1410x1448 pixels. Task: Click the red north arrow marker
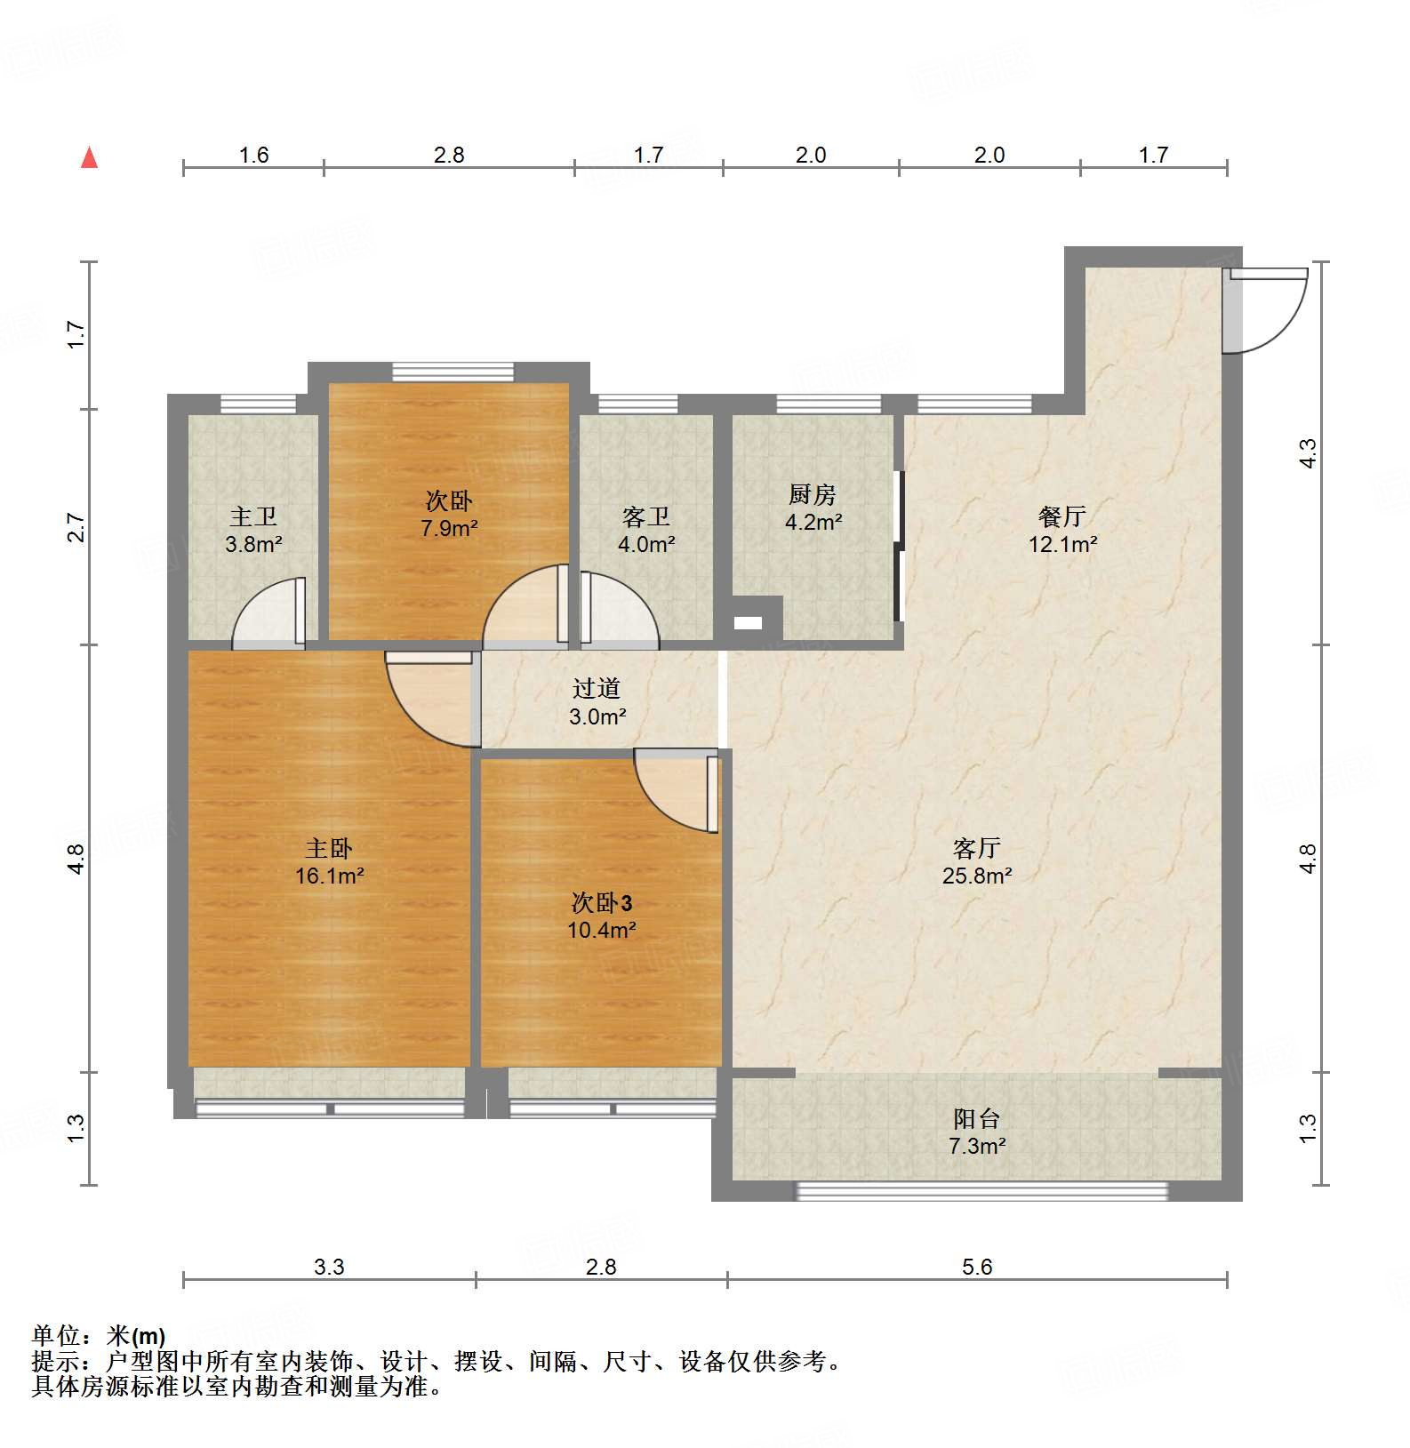pos(89,158)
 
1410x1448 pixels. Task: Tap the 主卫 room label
pos(253,516)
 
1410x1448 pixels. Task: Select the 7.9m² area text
pos(449,529)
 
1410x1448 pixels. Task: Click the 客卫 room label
pos(646,516)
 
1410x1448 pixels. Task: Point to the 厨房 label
pos(813,494)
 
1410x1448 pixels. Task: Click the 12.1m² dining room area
pos(1062,544)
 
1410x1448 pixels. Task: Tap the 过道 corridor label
pos(597,688)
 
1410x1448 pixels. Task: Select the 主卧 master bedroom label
pos(329,848)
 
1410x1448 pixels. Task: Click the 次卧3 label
pos(602,903)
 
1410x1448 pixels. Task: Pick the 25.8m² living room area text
pos(977,876)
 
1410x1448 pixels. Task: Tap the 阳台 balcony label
pos(977,1118)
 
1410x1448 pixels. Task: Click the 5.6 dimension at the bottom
pos(977,1267)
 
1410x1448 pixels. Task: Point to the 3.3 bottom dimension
pos(329,1267)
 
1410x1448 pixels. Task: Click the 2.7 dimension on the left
pos(76,527)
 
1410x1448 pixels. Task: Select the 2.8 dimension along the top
pos(449,155)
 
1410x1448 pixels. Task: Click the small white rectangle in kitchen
pos(748,623)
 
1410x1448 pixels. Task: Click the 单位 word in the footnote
pos(55,1335)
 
